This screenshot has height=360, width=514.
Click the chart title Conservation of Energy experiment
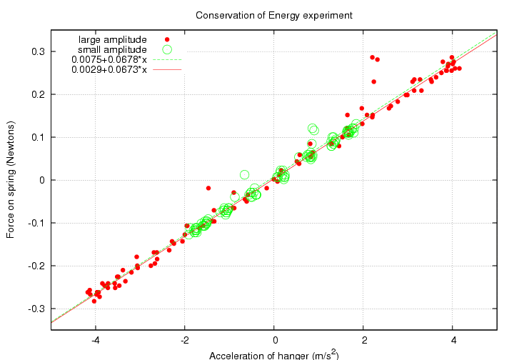click(274, 15)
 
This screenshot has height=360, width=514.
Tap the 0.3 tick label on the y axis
click(37, 51)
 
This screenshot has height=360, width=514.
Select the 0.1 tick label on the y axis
click(37, 137)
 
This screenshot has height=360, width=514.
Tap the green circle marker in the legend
click(167, 49)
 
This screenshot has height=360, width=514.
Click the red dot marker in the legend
click(167, 39)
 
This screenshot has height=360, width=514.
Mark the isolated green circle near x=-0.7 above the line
click(244, 174)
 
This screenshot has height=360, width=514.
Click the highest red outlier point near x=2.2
click(372, 57)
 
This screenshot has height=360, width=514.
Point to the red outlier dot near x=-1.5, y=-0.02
click(208, 188)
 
